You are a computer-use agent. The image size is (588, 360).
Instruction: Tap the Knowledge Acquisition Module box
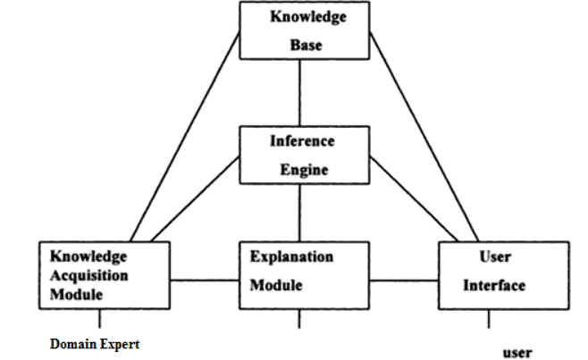pos(104,274)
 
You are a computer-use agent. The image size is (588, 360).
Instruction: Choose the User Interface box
pos(503,274)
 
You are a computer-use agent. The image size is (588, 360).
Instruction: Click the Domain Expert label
pos(95,343)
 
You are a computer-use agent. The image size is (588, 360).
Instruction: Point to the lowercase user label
pos(517,352)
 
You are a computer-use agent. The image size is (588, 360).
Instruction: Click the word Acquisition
pos(88,274)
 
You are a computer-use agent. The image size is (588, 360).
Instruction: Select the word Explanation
pos(291,256)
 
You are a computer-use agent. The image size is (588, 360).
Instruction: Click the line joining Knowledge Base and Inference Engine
pos(298,93)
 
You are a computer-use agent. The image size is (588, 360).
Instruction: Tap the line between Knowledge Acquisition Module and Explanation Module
pos(206,281)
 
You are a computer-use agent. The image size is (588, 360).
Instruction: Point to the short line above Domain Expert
pos(99,318)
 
